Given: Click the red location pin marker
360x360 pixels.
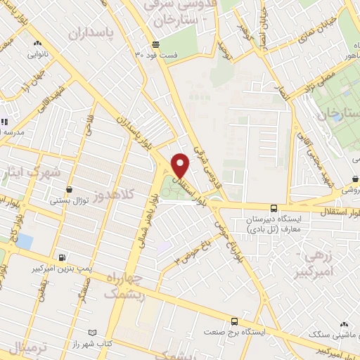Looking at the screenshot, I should (181, 165).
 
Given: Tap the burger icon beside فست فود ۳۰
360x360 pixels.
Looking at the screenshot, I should (139, 54).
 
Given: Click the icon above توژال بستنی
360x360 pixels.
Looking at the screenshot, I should (69, 189).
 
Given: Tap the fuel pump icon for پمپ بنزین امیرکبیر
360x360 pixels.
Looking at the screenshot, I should (63, 257).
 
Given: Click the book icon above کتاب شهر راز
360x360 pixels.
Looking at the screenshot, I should (94, 331).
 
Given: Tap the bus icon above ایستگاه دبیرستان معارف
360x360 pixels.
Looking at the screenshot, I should (274, 208).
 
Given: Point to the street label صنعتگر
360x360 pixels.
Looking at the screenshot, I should (86, 287).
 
